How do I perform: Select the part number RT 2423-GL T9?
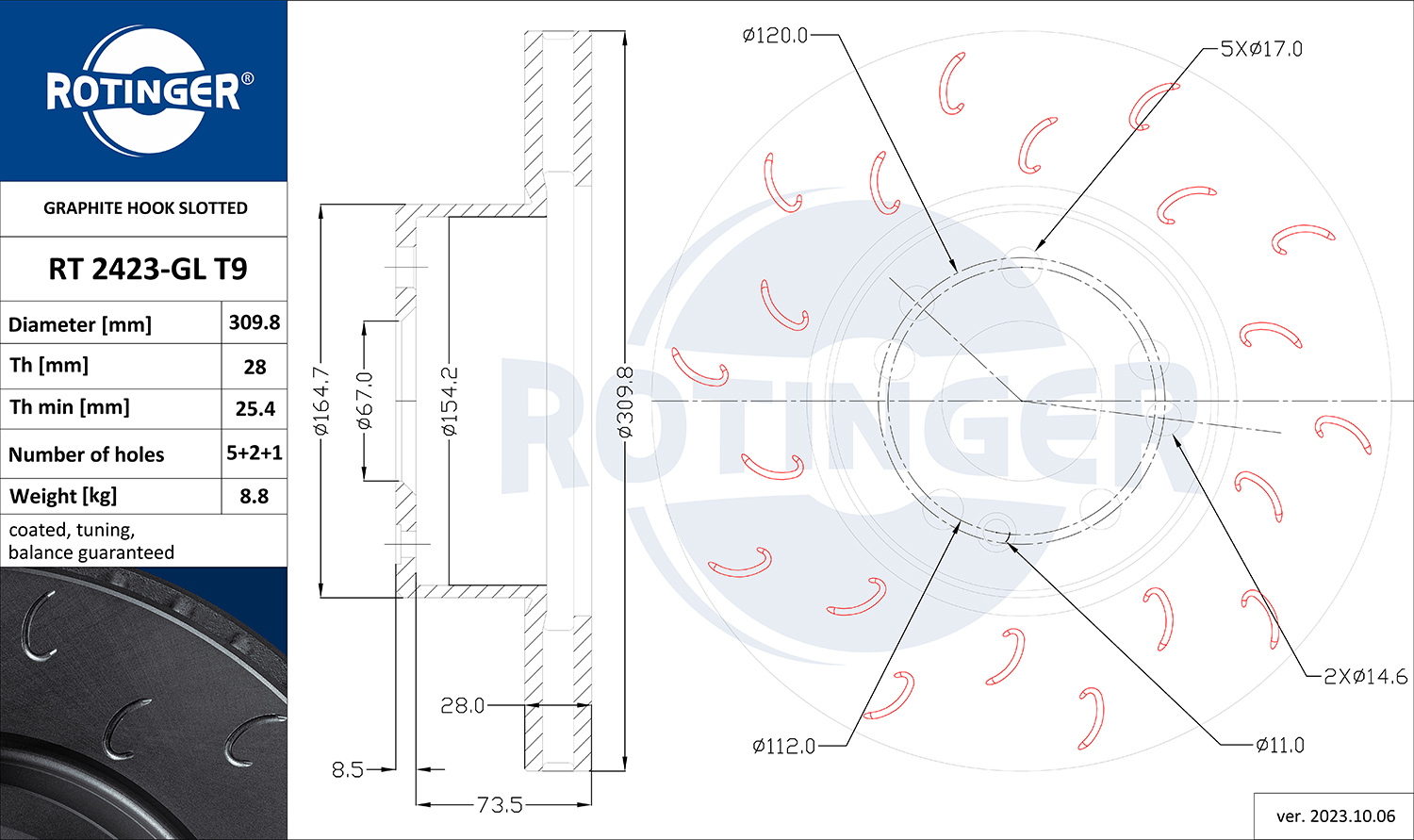click(148, 269)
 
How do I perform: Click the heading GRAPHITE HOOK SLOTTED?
click(145, 208)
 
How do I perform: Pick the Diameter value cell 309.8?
click(255, 322)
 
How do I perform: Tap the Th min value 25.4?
click(255, 409)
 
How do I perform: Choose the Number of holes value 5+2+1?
click(255, 453)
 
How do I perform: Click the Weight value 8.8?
click(255, 496)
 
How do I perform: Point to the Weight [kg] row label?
click(63, 497)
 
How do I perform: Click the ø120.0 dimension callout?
click(775, 35)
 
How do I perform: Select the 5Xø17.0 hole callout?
click(1261, 49)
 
